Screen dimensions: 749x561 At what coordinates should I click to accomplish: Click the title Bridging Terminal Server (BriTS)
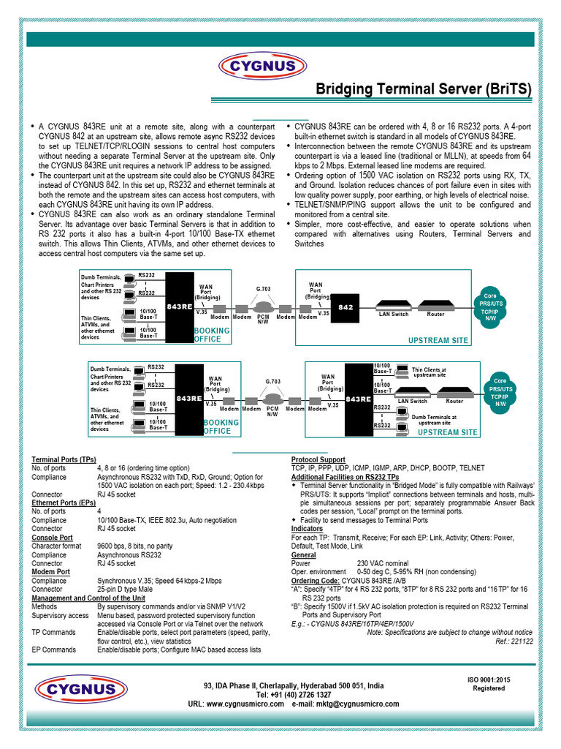click(423, 90)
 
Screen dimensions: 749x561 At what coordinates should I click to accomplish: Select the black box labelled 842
click(346, 308)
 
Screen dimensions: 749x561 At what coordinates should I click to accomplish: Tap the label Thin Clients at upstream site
click(429, 372)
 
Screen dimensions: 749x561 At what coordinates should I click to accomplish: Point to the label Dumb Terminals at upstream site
click(434, 419)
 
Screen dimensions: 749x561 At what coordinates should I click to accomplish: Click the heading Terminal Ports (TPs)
click(64, 459)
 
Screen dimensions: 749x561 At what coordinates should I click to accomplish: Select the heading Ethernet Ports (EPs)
click(63, 503)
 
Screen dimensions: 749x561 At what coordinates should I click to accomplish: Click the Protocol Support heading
click(318, 459)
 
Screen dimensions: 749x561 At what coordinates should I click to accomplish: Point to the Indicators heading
click(307, 528)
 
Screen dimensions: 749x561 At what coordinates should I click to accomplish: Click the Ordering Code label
click(315, 580)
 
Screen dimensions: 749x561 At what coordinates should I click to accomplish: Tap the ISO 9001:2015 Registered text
click(489, 684)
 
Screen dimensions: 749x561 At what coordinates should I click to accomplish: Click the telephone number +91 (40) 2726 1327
click(294, 694)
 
